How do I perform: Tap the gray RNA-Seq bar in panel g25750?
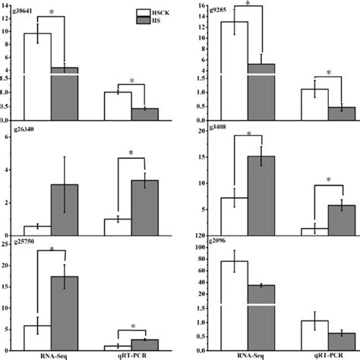point(64,312)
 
